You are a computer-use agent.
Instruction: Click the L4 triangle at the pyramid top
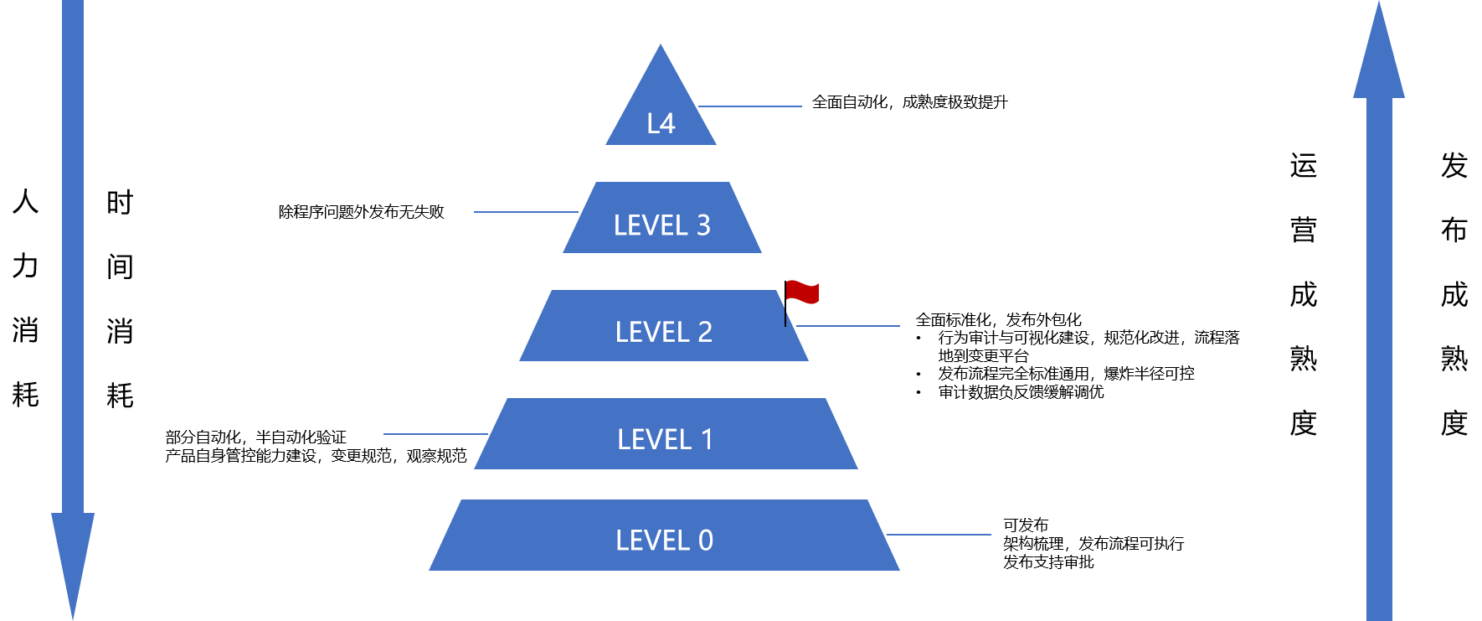coord(661,109)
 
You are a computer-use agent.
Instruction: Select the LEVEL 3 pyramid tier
coord(662,218)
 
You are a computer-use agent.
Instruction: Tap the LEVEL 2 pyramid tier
coord(664,326)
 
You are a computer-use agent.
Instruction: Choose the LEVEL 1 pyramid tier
coord(666,433)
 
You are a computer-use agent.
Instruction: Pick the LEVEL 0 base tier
coord(664,536)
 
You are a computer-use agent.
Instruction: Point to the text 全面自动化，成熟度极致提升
coord(910,102)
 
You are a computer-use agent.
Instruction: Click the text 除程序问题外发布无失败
coord(362,212)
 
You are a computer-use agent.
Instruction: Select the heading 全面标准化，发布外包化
coord(999,319)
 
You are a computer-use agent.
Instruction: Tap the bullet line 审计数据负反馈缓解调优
coord(1021,391)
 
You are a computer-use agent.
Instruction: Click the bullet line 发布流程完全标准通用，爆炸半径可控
coord(1066,374)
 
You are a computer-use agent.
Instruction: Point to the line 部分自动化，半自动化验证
coord(255,437)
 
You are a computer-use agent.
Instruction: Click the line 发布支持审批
coord(1048,561)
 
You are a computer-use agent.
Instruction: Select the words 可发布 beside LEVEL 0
coord(1026,525)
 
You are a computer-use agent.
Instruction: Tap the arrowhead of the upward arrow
coord(1379,50)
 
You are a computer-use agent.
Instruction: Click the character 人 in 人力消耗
coord(26,201)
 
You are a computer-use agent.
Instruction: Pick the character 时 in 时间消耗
coord(120,202)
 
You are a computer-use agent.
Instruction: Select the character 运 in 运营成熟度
coord(1304,165)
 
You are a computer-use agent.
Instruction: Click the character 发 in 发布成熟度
coord(1454,165)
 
